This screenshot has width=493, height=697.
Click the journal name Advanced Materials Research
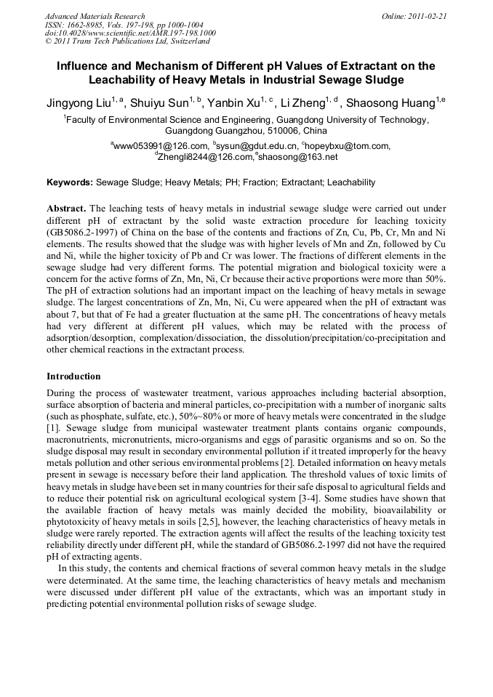tap(95, 16)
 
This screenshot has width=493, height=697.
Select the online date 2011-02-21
tap(427, 16)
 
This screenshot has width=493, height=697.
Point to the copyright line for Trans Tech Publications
tap(127, 41)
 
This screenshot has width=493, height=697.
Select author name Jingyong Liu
tap(81, 102)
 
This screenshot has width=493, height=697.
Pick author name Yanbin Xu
tap(237, 102)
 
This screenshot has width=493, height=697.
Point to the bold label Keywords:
tap(70, 182)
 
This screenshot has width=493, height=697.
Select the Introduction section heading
tap(73, 376)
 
